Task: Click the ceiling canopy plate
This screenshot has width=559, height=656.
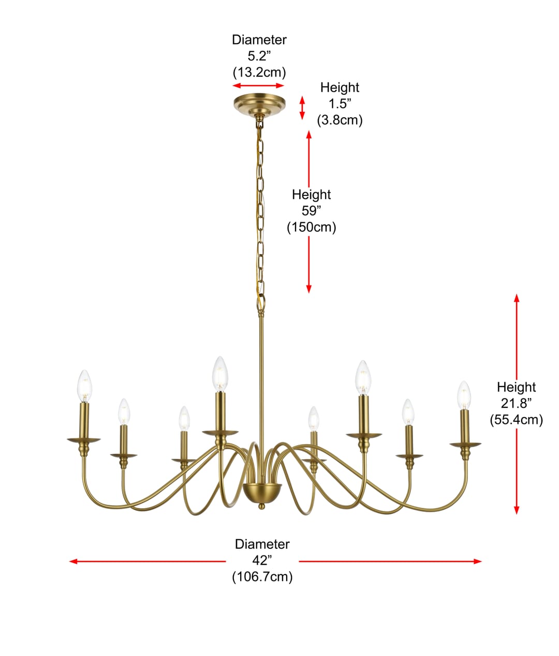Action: pos(259,105)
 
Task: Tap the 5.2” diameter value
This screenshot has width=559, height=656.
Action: pos(259,56)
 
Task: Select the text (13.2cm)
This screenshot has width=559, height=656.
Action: pos(259,73)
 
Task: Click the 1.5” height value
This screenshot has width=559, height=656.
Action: pos(340,104)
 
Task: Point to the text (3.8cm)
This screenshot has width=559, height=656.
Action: pos(340,120)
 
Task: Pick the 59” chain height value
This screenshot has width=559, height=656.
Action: pos(311,211)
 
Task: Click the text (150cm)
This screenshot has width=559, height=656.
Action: pos(312,227)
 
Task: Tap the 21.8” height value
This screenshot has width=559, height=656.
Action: pos(516,403)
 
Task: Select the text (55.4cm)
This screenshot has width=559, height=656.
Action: pos(516,420)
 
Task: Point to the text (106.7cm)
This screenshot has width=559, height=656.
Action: pos(262,577)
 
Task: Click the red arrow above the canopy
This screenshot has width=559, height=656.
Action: pos(258,85)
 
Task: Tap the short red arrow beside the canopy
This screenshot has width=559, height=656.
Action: pos(302,108)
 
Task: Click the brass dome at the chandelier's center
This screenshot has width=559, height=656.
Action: pos(262,493)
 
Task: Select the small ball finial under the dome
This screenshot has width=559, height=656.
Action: pos(261,506)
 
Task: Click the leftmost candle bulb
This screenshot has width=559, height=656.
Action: pos(84,386)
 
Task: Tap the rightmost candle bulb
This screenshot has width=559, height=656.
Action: pos(464,395)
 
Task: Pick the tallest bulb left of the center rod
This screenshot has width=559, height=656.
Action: pos(220,374)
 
